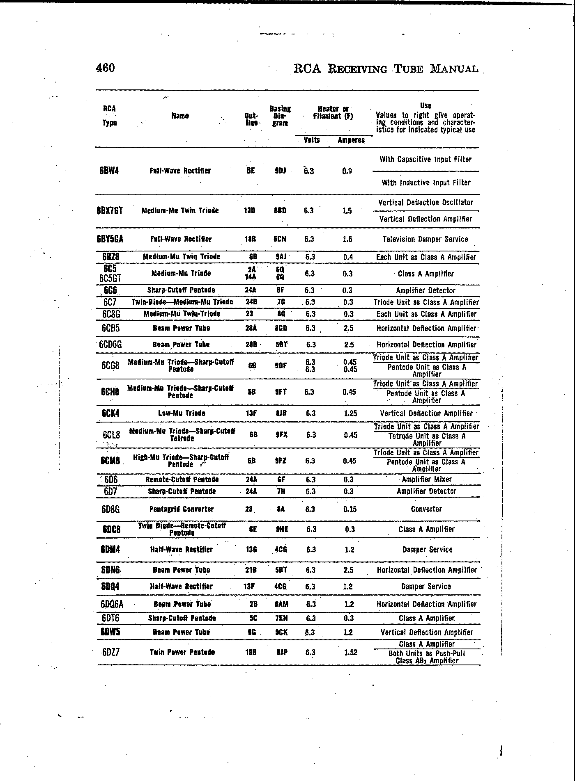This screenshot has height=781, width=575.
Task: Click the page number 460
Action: (x=105, y=68)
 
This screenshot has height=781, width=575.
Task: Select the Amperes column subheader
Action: (x=351, y=140)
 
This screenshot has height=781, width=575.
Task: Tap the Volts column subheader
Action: (x=311, y=140)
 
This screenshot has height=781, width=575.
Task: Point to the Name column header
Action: (x=180, y=116)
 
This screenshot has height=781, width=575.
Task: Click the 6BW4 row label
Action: (x=109, y=171)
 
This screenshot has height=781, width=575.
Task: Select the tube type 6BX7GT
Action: (x=110, y=211)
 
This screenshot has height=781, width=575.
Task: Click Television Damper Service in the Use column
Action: (x=425, y=239)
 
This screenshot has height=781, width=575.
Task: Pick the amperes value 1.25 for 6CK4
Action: (x=350, y=413)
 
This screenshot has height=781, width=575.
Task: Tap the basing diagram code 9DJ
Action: (x=280, y=171)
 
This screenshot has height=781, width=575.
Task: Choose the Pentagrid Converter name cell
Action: (x=182, y=509)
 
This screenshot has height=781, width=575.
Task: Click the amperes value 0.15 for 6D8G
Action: (x=350, y=509)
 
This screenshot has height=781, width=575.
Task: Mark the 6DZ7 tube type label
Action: (x=110, y=652)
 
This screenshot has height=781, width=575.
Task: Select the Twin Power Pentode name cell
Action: (x=182, y=652)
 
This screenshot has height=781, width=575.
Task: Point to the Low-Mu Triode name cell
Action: (x=182, y=413)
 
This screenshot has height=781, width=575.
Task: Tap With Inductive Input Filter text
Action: (x=426, y=183)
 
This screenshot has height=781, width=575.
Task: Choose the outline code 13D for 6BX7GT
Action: (x=249, y=211)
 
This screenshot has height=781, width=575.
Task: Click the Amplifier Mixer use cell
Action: (x=427, y=480)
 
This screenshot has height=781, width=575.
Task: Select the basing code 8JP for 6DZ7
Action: (x=282, y=652)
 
